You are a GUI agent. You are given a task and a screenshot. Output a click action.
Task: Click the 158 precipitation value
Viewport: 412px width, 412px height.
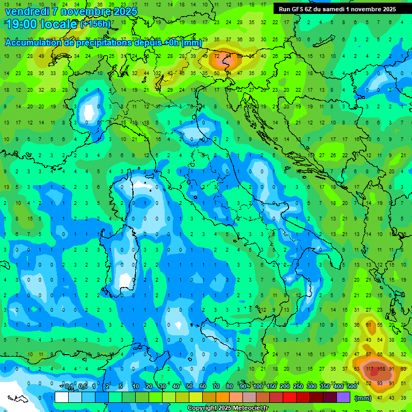(x=382, y=369)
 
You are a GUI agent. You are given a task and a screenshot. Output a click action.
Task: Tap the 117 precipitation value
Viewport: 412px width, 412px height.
(x=370, y=369)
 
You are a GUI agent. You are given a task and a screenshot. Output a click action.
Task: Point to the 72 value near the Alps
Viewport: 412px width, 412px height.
(x=217, y=56)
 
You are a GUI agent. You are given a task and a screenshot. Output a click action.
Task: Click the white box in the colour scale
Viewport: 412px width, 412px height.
(x=62, y=397)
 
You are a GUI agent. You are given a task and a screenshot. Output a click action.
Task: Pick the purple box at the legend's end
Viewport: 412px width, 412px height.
(x=343, y=397)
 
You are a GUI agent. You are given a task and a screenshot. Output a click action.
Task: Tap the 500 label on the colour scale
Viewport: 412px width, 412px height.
(x=352, y=386)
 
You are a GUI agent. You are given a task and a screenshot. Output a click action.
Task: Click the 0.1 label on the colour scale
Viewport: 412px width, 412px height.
(x=69, y=386)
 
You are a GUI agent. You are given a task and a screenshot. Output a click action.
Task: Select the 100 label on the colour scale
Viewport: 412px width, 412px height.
(x=258, y=386)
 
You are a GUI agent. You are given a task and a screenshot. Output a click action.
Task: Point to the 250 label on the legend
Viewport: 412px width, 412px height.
(x=298, y=386)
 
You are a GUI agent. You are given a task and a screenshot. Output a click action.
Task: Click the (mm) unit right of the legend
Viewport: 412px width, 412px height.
(x=363, y=398)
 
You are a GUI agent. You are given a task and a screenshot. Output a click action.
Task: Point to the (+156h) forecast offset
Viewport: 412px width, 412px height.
(x=95, y=24)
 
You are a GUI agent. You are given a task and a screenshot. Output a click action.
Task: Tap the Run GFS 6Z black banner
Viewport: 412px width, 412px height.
(x=337, y=9)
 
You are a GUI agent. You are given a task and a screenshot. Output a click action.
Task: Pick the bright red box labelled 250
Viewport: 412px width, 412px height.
(x=290, y=397)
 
